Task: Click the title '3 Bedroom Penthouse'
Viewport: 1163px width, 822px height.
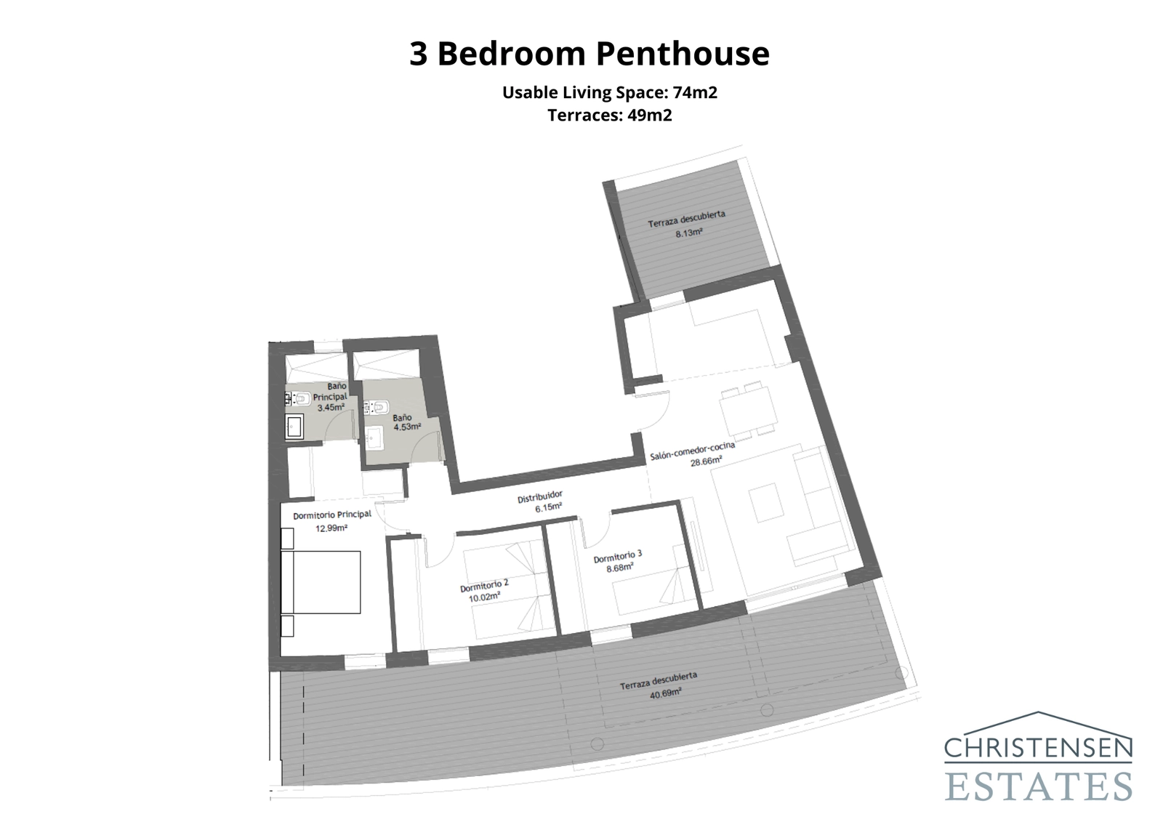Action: [589, 54]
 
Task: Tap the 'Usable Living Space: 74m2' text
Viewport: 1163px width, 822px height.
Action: [609, 92]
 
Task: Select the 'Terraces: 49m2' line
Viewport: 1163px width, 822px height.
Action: [609, 116]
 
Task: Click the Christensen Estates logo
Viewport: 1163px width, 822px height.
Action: [1038, 757]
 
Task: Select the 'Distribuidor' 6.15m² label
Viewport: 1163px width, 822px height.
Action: [540, 501]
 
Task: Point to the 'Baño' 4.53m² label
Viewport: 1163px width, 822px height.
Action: [404, 422]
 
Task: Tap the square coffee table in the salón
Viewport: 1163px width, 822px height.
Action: [765, 503]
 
